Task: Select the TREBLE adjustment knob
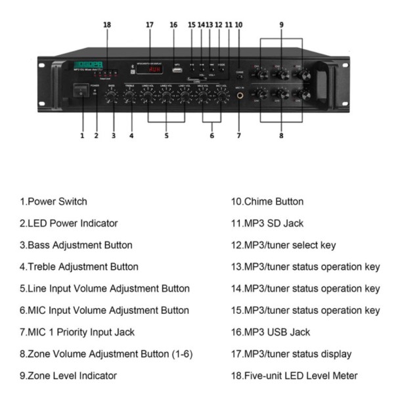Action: (131, 96)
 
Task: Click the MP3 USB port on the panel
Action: (176, 70)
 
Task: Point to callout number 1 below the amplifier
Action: (82, 136)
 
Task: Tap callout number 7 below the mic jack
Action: (239, 136)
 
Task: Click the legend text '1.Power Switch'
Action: (55, 202)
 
